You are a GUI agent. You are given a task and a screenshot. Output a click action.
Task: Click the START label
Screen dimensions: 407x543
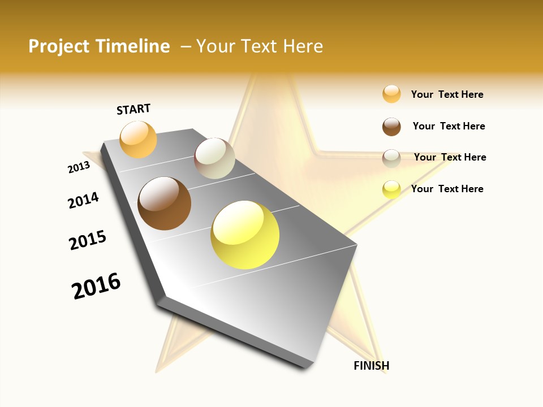click(x=133, y=109)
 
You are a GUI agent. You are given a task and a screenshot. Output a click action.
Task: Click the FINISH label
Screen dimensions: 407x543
click(x=371, y=366)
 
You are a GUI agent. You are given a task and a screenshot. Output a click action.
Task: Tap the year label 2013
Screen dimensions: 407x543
click(x=79, y=167)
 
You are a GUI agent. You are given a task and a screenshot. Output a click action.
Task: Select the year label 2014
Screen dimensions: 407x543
click(x=83, y=200)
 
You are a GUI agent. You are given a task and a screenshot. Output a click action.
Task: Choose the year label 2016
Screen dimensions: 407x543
click(x=96, y=286)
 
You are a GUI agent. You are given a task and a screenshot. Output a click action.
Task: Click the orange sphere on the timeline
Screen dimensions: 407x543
click(x=138, y=139)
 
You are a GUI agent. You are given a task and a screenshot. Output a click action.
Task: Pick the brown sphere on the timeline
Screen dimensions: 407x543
click(x=164, y=203)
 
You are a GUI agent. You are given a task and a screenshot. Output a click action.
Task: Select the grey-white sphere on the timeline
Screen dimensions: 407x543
click(x=214, y=158)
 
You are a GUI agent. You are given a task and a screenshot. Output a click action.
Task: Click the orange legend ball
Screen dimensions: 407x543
click(x=391, y=94)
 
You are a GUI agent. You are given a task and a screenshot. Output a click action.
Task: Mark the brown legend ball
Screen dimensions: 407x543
click(x=391, y=127)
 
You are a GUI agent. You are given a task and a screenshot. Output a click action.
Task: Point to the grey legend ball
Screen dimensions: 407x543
click(x=391, y=158)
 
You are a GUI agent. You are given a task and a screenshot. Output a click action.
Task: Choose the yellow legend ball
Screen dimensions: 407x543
click(x=391, y=189)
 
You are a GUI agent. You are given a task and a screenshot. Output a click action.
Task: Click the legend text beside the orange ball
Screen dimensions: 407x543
click(x=447, y=94)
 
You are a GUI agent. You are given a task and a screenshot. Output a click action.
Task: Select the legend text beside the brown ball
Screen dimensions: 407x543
click(x=449, y=126)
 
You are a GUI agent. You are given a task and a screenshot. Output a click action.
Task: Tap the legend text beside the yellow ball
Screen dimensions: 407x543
click(x=447, y=189)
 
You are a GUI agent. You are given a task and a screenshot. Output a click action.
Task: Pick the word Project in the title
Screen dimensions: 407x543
click(x=59, y=46)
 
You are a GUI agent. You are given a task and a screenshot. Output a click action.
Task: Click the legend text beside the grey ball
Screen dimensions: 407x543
click(x=450, y=157)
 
